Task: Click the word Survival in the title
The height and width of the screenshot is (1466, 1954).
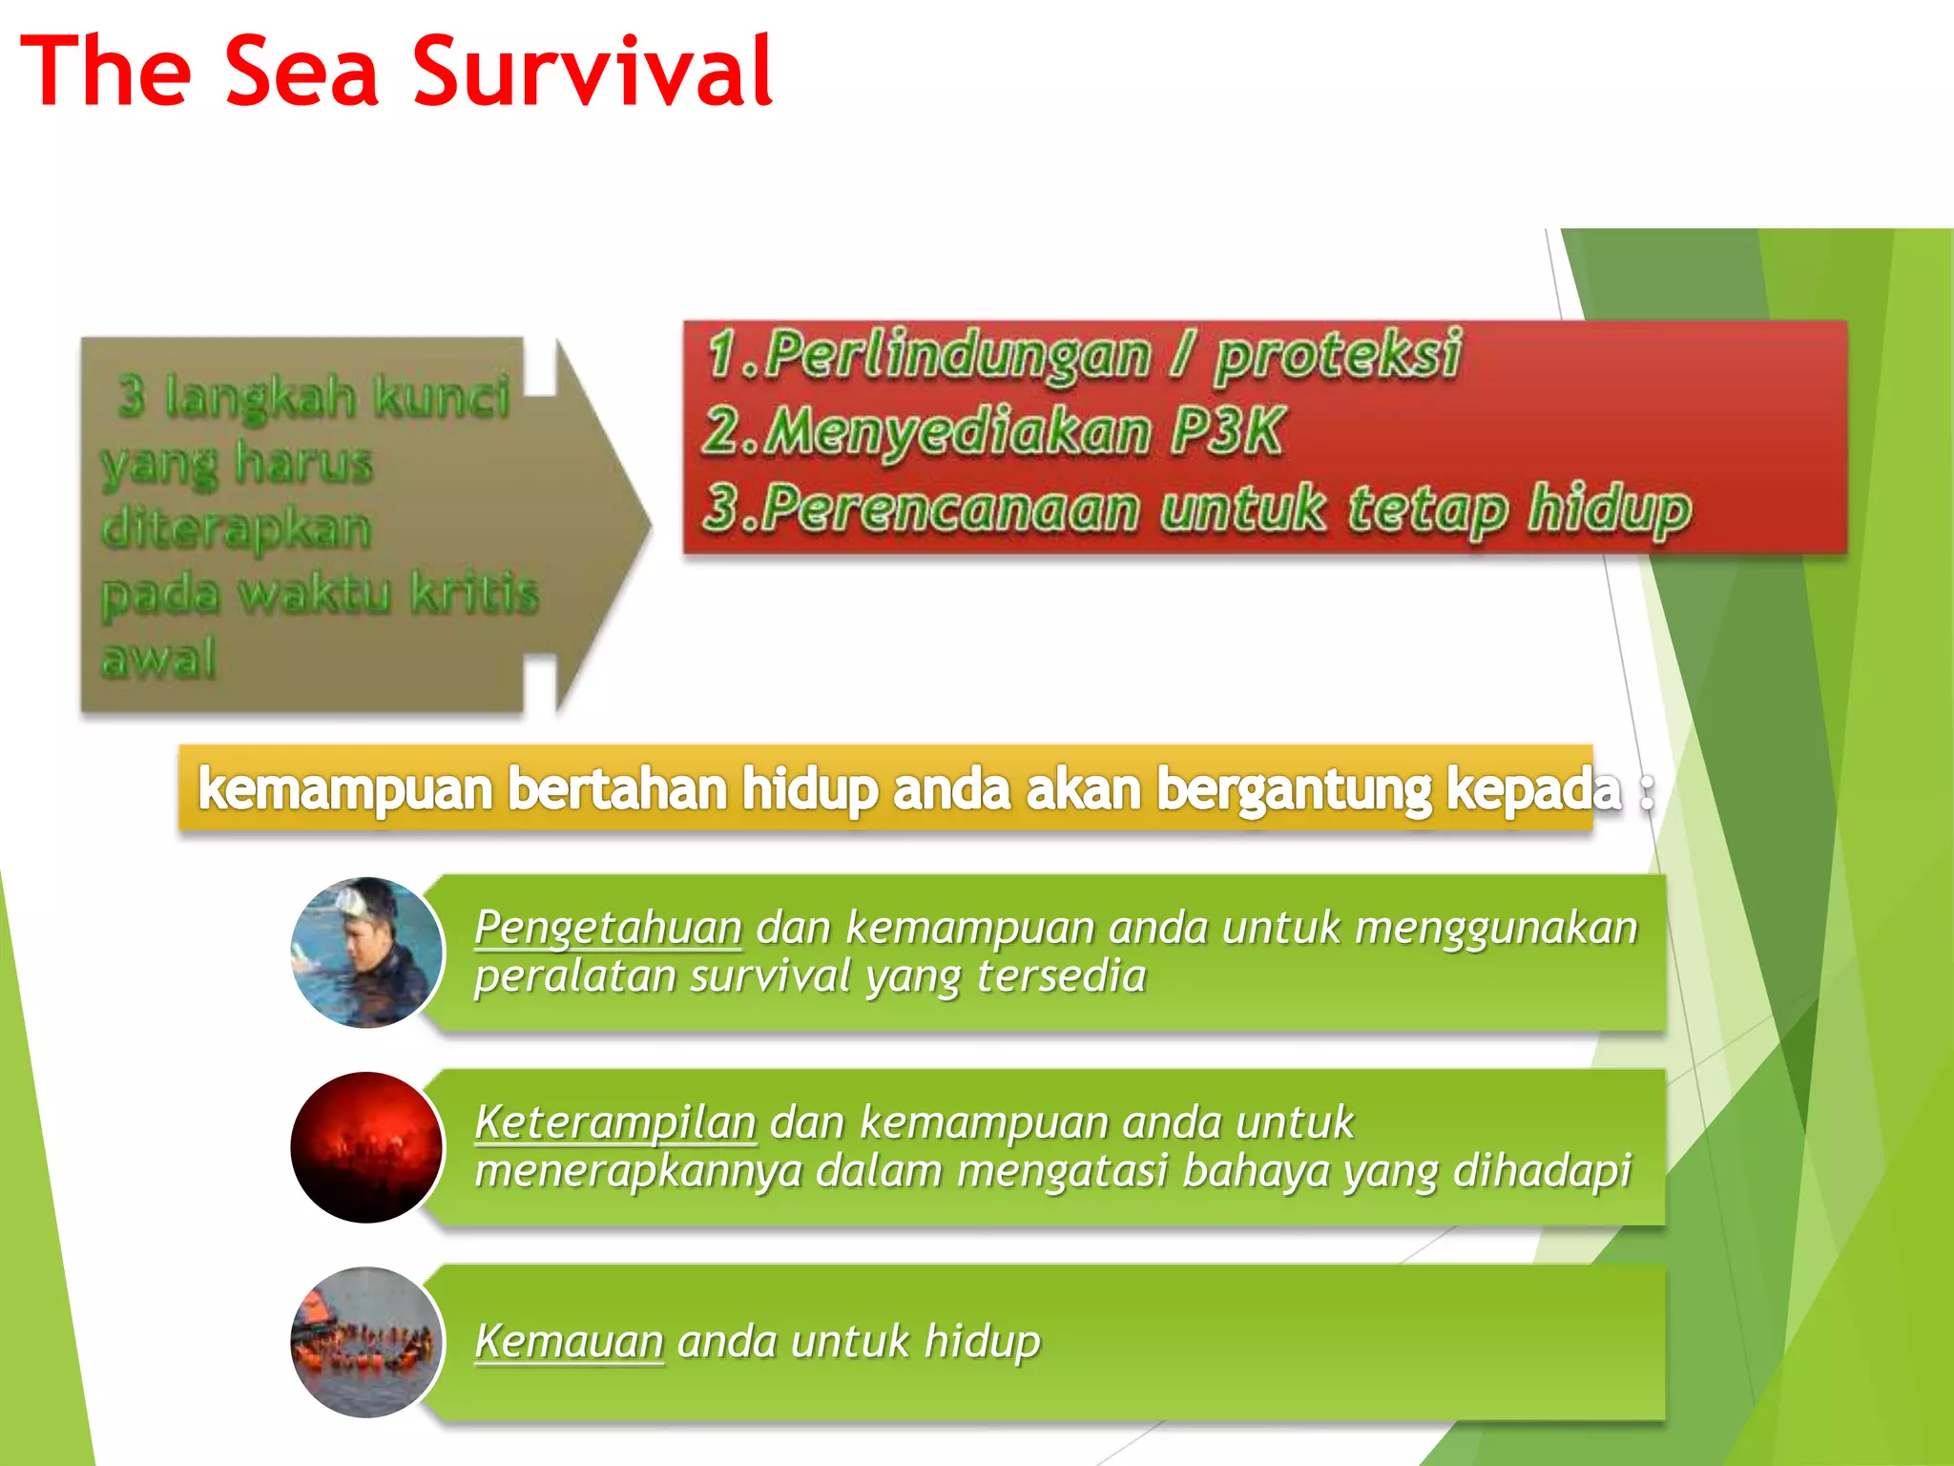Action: [592, 72]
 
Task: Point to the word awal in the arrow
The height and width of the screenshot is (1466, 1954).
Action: [159, 658]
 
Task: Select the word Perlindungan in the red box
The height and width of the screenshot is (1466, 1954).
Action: [957, 355]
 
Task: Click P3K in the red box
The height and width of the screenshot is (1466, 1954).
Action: [1227, 431]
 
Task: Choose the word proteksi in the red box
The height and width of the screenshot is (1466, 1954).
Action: [1338, 355]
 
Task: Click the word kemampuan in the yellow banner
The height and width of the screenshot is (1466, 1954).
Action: [345, 789]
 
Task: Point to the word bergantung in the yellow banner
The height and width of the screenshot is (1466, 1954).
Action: [1293, 789]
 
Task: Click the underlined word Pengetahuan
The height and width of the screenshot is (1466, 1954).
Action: [608, 928]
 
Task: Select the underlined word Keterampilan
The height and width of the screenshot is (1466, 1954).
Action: [615, 1122]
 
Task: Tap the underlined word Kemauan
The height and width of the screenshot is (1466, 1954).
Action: [569, 1341]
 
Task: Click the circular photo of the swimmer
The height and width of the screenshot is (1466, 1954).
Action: [366, 953]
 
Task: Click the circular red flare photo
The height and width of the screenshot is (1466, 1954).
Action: [366, 1147]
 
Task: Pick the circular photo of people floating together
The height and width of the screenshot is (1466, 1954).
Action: [366, 1342]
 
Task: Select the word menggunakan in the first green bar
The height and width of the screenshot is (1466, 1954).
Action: [1495, 928]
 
